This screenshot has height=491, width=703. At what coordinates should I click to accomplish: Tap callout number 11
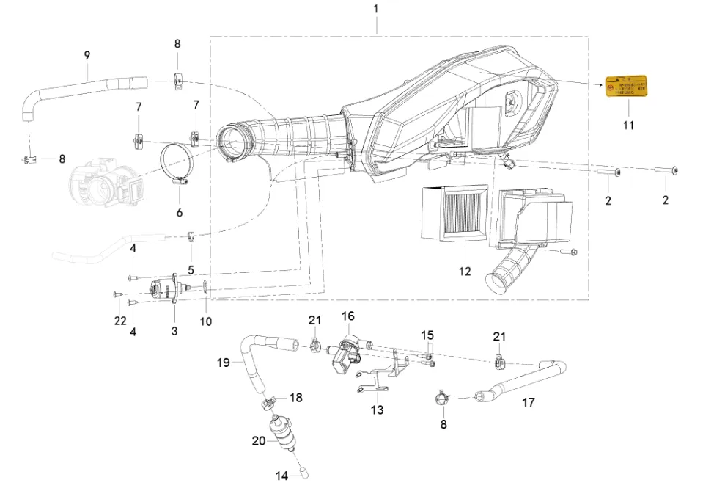coord(628,126)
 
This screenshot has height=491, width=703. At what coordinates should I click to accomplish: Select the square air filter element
coord(455,213)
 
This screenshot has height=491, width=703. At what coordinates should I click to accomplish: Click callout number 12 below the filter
coord(465,272)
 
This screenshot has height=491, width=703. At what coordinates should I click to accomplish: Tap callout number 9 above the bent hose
coord(87,55)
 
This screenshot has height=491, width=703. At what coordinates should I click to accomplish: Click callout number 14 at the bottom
coord(282,476)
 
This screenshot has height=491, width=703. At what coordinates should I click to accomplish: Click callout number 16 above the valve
coord(347,316)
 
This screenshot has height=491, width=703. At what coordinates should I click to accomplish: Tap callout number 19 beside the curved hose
coord(224,362)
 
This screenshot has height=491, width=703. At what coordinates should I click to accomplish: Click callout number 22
coord(121,321)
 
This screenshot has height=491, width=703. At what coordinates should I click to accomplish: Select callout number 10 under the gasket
coord(206,321)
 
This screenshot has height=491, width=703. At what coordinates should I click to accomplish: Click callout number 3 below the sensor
coord(174,331)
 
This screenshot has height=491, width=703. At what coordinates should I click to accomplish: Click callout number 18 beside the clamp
coord(295,397)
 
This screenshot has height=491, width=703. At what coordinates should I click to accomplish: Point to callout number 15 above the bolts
coord(427,335)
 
